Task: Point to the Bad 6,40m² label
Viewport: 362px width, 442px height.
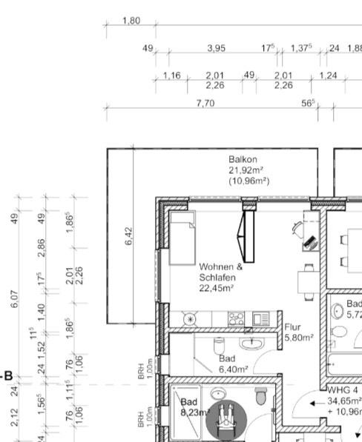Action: (233, 363)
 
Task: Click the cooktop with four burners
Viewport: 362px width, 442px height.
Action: (237, 319)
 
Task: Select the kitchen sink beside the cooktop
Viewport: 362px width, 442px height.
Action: (260, 319)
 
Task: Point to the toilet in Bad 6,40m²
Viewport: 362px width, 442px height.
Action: (219, 344)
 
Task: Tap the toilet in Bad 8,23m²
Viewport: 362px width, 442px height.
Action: (260, 397)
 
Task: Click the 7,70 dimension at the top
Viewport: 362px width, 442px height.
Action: (205, 103)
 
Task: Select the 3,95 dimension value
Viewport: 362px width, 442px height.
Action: (216, 48)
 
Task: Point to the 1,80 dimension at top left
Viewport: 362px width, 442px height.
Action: (131, 21)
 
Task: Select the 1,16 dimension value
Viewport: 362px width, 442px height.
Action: (171, 76)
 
